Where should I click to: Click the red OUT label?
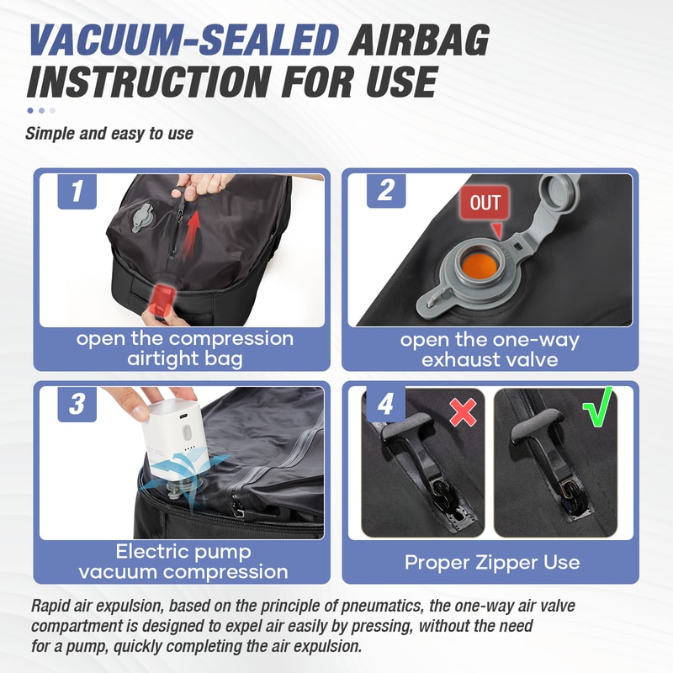click(485, 203)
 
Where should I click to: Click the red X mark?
click(462, 411)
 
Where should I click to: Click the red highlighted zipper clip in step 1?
click(162, 298)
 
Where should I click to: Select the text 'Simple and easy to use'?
click(109, 133)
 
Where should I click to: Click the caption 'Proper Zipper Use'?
click(491, 561)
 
